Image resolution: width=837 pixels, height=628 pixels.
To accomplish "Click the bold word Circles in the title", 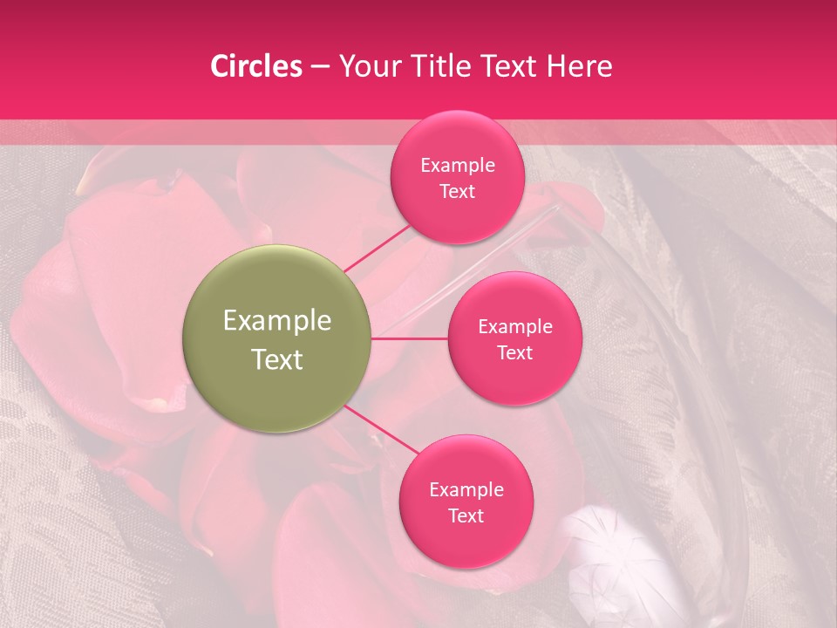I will coord(255,66).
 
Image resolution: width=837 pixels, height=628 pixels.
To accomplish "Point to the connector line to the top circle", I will coord(377,248).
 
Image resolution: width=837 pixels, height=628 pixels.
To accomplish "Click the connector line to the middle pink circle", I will coord(410,338).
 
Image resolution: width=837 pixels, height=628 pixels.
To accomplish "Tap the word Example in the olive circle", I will coord(277,321).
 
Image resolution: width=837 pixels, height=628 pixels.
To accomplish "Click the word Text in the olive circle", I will coord(277,359).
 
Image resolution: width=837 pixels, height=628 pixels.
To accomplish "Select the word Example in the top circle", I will coord(458,165).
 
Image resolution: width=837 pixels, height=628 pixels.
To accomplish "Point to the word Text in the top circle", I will coord(457,191).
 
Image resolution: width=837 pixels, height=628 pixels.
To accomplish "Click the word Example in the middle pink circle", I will coord(514,326).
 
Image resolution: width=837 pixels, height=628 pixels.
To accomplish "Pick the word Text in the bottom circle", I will coord(466,515).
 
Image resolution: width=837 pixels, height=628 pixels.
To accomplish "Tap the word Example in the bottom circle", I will coord(466,489).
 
